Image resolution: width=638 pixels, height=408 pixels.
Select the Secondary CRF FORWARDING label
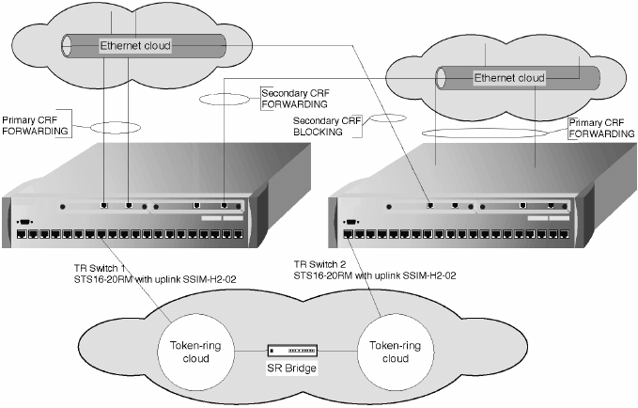click(x=292, y=98)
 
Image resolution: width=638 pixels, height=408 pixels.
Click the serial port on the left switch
click(x=22, y=222)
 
